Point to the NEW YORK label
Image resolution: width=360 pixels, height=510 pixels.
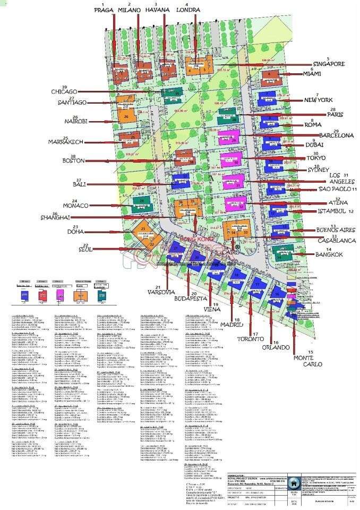click(318, 100)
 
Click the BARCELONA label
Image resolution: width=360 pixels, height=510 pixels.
click(336, 135)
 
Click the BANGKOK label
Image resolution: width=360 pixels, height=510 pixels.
click(330, 254)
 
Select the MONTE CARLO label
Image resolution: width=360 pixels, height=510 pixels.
click(311, 362)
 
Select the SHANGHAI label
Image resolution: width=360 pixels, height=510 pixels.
click(55, 217)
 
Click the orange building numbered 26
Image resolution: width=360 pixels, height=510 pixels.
click(126, 116)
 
